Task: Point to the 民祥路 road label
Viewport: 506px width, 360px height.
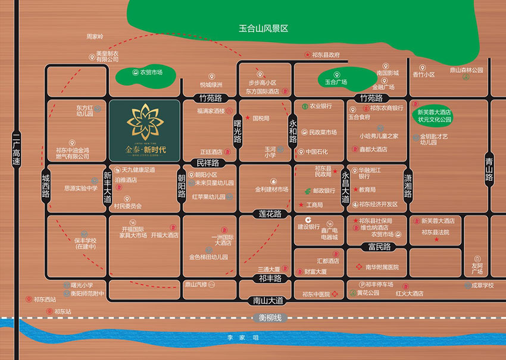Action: pos(208,162)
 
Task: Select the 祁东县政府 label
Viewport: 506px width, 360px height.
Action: pos(326,55)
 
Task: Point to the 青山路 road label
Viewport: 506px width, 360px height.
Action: pos(489,168)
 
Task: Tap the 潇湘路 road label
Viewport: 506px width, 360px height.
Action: pos(408,182)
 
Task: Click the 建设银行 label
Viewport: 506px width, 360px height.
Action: pos(309,226)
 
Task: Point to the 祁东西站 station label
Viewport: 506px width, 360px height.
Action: pos(45,299)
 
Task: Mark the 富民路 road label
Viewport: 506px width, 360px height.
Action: pos(379,246)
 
